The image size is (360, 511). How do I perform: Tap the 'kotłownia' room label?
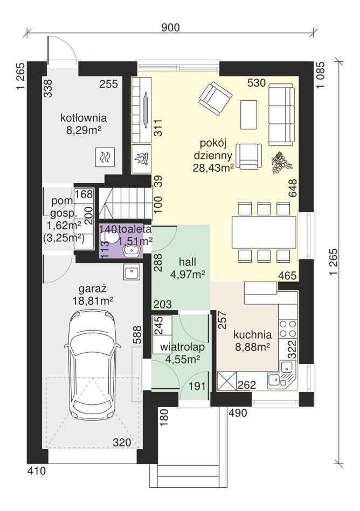(x=84, y=117)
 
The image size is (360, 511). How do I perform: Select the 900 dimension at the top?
(x=170, y=27)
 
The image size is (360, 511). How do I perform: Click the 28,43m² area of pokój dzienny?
(x=213, y=167)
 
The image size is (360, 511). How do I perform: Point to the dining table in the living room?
(x=264, y=233)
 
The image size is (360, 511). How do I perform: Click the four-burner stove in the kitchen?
(x=288, y=329)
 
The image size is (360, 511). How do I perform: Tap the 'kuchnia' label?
(x=252, y=335)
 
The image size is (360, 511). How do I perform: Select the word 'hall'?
(x=188, y=262)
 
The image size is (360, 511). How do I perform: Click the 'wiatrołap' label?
(x=182, y=347)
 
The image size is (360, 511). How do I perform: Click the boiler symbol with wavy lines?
(x=105, y=157)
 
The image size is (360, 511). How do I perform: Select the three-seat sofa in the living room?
(x=280, y=114)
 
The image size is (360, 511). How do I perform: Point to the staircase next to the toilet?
(x=126, y=204)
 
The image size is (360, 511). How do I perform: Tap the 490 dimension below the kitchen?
(x=238, y=413)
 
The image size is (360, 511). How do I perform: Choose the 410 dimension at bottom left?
(x=36, y=471)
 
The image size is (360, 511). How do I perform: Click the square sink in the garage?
(x=131, y=271)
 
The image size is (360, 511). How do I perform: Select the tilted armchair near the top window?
(x=215, y=98)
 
